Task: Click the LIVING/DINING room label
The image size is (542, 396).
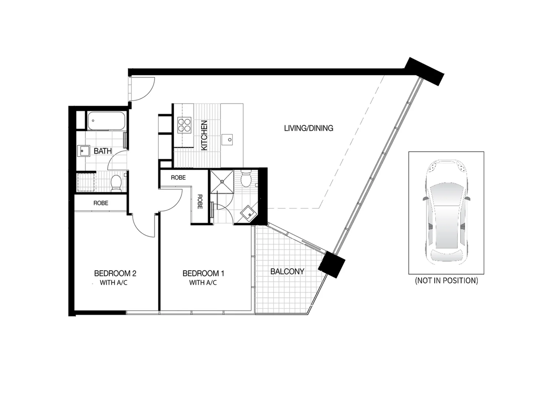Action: [308, 128]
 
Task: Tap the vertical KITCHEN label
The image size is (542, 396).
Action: [204, 135]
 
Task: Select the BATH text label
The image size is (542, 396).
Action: [103, 151]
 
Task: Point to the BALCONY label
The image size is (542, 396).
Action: [287, 272]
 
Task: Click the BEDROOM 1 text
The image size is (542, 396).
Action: [203, 274]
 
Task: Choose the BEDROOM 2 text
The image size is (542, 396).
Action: [115, 274]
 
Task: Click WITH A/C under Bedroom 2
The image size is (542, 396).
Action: [114, 283]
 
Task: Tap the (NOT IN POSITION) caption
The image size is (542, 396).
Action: [446, 281]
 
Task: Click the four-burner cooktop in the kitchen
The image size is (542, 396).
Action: [184, 125]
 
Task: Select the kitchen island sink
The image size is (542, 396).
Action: [229, 139]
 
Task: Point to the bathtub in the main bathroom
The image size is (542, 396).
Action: [106, 121]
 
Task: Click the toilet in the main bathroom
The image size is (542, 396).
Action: [116, 183]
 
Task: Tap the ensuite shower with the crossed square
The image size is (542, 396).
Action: [221, 181]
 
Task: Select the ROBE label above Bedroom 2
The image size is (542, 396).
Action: [101, 203]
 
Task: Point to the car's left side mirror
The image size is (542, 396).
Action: [425, 198]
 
